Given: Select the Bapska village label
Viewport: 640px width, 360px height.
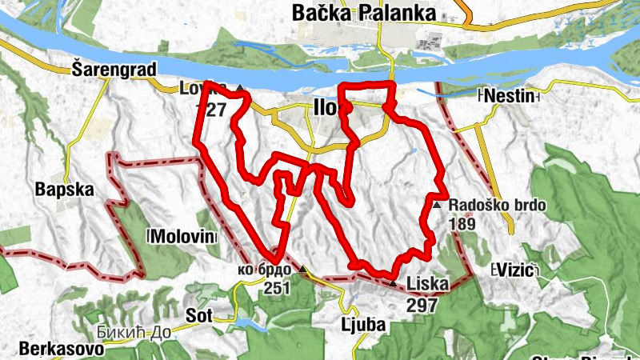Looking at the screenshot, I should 65,190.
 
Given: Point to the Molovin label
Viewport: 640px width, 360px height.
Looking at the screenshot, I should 183,237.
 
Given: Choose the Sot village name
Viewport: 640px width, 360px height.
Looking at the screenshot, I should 198,315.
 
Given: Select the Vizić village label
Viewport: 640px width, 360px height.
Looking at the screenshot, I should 514,268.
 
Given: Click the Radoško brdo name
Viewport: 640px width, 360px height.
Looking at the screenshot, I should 498,206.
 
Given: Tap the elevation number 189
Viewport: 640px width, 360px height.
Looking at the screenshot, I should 462,224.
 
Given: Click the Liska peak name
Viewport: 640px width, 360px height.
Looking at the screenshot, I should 427,282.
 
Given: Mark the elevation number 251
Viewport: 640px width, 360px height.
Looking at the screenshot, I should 276,288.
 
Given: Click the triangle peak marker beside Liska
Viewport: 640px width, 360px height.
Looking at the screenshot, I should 392,283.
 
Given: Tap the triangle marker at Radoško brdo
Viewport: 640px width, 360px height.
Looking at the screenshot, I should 437,206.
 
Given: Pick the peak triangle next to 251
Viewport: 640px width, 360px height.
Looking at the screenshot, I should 302,270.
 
